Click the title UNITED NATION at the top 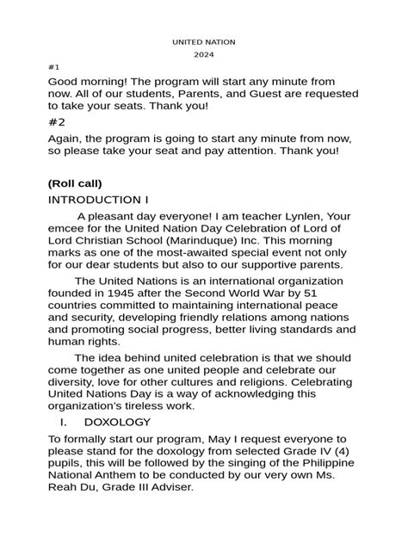203,41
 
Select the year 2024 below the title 203,53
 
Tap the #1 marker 54,66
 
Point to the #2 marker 57,122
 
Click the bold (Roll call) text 75,183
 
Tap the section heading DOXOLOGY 117,423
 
